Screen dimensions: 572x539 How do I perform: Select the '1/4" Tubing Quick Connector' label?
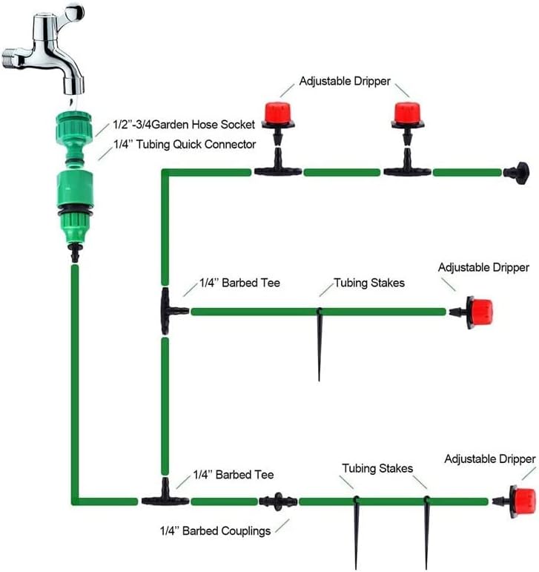coord(185,145)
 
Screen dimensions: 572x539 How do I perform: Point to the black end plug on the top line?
coord(516,174)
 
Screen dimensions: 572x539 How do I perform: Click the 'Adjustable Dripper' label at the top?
coord(344,82)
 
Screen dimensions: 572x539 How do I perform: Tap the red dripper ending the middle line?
coord(477,312)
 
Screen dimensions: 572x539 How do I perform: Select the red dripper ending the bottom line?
coord(522,501)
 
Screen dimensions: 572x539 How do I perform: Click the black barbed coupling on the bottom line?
coord(278,501)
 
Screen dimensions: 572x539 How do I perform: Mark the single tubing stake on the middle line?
coord(320,341)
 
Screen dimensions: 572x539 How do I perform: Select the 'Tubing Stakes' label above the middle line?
coord(369,283)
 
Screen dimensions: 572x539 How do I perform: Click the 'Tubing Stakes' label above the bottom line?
coord(377,469)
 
